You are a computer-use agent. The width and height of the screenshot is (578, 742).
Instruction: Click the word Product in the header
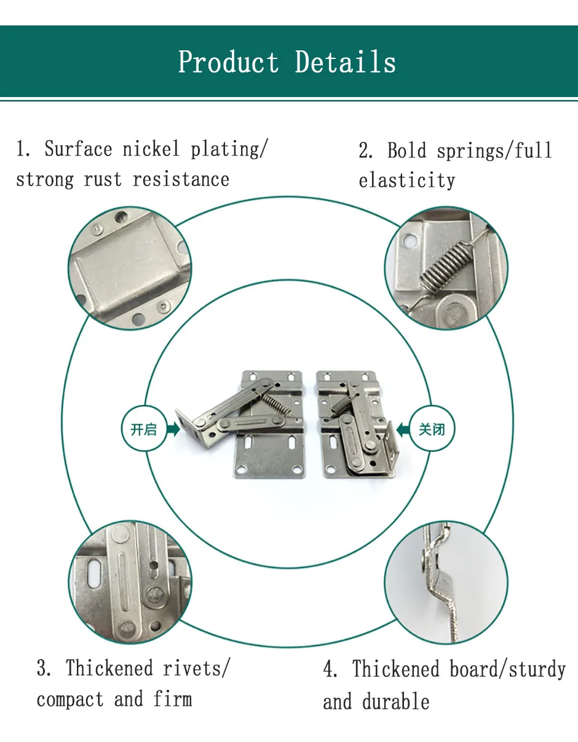pos(228,63)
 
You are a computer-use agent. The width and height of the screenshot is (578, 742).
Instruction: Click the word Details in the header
pos(345,63)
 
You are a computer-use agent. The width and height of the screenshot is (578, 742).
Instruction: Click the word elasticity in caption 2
pos(406,181)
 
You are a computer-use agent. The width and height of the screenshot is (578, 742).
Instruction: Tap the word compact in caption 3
pos(70,699)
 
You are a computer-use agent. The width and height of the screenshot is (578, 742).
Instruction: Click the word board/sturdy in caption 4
pos(507,669)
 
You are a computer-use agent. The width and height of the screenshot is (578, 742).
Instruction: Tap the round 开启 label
pos(144,429)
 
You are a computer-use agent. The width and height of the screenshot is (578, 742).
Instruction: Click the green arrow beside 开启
pos(173,429)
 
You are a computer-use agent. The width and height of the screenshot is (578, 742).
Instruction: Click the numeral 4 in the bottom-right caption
pos(330,670)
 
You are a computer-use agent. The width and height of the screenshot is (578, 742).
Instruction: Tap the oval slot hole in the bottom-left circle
pos(94,576)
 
